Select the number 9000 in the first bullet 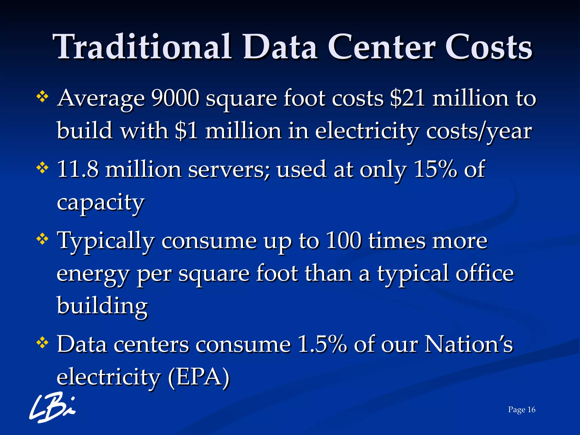[x=175, y=99]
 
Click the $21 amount [x=407, y=99]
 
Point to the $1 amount [x=186, y=131]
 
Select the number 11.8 [x=78, y=169]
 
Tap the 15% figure [x=435, y=169]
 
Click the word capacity [x=101, y=203]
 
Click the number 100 [x=344, y=241]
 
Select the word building [x=102, y=306]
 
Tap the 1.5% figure [x=322, y=345]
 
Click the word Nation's [x=469, y=345]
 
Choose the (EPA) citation [x=199, y=377]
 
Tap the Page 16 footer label [x=522, y=410]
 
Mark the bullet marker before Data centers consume [x=42, y=343]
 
